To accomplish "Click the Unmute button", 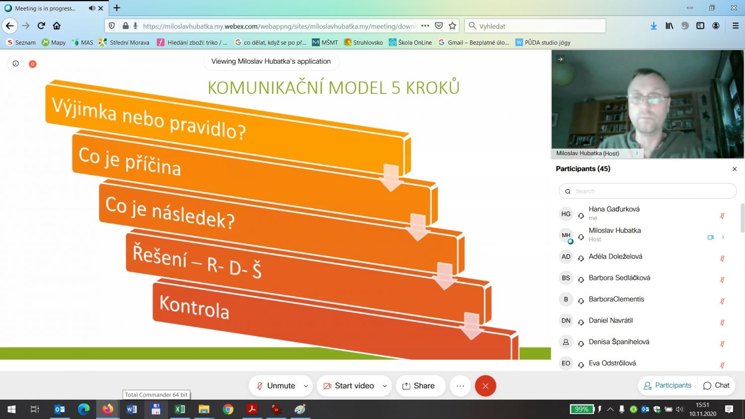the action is pyautogui.click(x=276, y=386).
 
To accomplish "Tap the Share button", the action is pyautogui.click(x=419, y=386).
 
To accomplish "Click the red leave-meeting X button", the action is pyautogui.click(x=485, y=386).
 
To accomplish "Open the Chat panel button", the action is pyautogui.click(x=716, y=385).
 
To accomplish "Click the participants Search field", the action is pyautogui.click(x=647, y=191).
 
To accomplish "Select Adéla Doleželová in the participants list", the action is pyautogui.click(x=615, y=256).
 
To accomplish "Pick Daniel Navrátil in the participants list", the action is pyautogui.click(x=610, y=321).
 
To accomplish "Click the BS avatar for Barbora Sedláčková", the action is pyautogui.click(x=566, y=278).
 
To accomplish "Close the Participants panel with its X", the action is pyautogui.click(x=735, y=169).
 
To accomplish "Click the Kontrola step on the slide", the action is pyautogui.click(x=194, y=307).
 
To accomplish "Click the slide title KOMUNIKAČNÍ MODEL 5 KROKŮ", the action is pyautogui.click(x=334, y=87).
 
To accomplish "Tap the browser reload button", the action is pyautogui.click(x=41, y=26).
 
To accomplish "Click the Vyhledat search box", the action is pyautogui.click(x=535, y=26).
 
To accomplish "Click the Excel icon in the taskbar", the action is pyautogui.click(x=180, y=409).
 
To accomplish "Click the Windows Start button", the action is pyautogui.click(x=11, y=409).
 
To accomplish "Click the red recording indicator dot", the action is pyautogui.click(x=33, y=64).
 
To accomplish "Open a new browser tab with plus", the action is pyautogui.click(x=117, y=7).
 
